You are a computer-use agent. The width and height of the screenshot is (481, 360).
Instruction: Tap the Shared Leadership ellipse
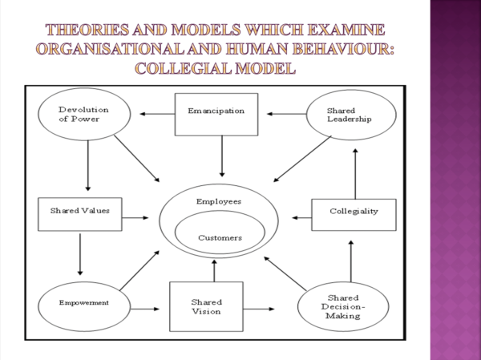tap(350, 114)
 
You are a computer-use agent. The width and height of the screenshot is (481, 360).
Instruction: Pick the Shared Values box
tap(79, 213)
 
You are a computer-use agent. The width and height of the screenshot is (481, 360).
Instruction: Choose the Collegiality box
tap(353, 214)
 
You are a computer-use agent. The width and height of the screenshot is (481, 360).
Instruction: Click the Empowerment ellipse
tap(83, 304)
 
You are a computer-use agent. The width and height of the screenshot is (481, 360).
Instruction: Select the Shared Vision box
tap(206, 306)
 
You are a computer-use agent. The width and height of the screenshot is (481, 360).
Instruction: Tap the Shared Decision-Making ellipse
tap(342, 305)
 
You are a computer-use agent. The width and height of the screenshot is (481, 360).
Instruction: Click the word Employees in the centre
tap(219, 201)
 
